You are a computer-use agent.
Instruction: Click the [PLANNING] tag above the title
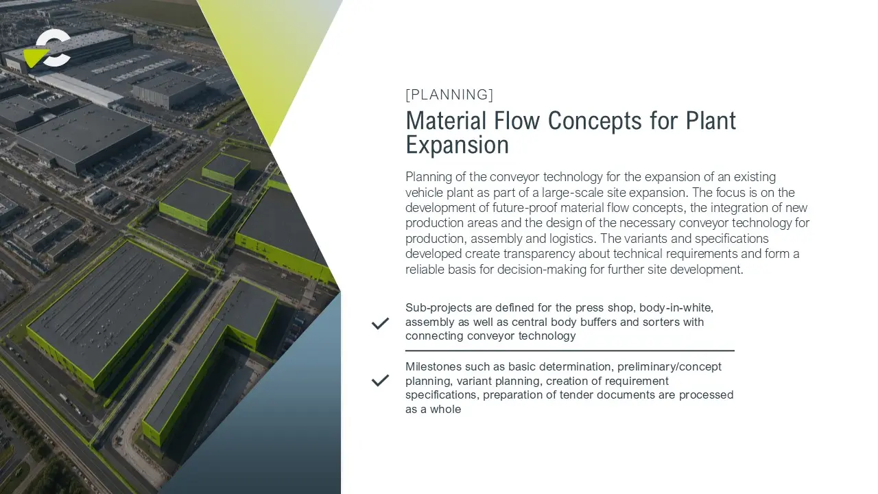[449, 95]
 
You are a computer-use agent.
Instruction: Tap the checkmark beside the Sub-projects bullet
[380, 323]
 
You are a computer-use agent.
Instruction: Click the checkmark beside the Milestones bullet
[380, 380]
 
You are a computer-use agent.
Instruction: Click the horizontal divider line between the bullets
[570, 351]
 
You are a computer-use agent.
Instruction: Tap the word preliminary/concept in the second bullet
[669, 367]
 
